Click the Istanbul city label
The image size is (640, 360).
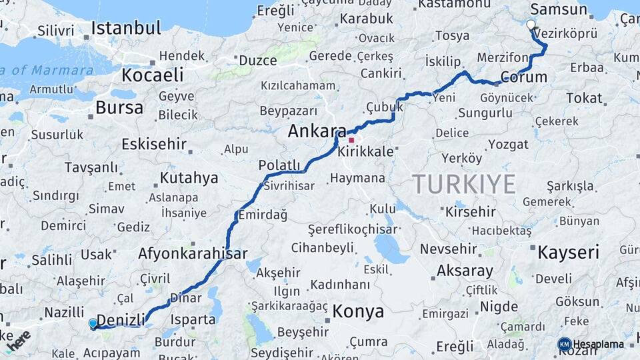126,28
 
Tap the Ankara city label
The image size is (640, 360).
317,131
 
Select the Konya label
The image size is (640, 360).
358,311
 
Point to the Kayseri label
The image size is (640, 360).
568,252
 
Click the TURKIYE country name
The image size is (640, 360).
463,183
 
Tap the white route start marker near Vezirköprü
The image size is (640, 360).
531,25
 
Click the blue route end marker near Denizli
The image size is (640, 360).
93,323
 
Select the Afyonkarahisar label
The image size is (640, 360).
193,253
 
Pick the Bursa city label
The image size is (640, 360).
119,107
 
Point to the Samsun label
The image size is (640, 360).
558,10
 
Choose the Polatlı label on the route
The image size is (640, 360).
279,165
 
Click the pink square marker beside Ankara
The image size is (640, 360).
351,140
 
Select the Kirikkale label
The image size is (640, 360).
365,152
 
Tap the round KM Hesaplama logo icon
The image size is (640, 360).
565,344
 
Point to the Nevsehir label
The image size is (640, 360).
449,249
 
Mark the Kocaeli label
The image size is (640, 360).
152,73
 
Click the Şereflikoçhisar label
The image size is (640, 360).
352,229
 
